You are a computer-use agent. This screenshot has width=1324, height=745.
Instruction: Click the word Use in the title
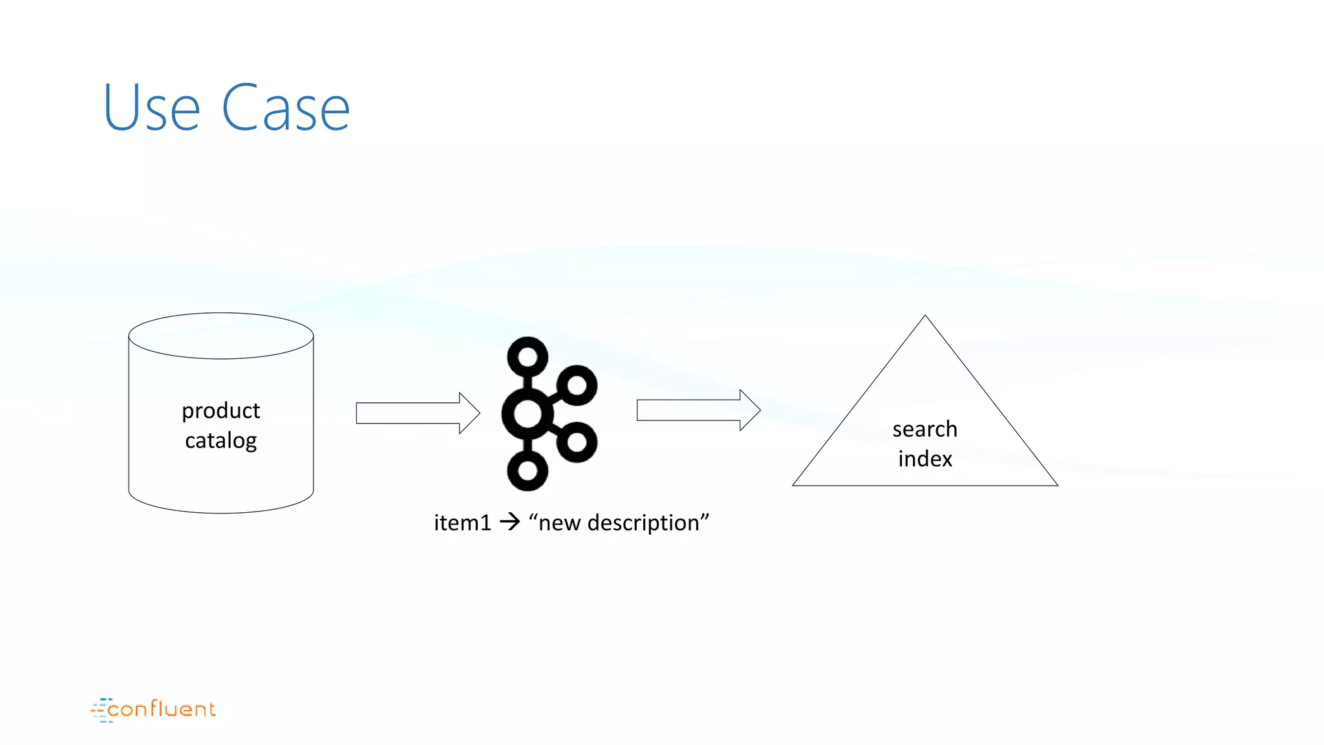pos(152,108)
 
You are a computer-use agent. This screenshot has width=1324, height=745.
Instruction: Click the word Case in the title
pos(286,108)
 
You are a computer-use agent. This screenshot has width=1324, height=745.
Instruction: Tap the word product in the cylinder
pos(220,411)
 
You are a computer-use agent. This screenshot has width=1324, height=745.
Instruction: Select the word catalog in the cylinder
pos(220,441)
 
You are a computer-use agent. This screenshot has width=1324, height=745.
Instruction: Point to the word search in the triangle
pos(924,429)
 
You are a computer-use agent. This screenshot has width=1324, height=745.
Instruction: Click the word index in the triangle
pos(924,459)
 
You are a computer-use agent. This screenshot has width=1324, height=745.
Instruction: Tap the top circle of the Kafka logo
pos(528,356)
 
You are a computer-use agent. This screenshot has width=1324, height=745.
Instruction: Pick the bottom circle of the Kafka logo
pos(528,470)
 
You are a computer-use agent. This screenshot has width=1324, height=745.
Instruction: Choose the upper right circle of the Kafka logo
pos(576,386)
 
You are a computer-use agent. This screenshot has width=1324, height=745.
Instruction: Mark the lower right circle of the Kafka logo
pos(576,442)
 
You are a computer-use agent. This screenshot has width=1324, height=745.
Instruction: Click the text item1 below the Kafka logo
pos(462,523)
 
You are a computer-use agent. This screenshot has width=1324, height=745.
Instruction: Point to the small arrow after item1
pos(510,521)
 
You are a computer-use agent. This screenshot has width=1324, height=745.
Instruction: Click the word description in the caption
pos(643,523)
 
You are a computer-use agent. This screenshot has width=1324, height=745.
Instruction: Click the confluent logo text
pos(161,709)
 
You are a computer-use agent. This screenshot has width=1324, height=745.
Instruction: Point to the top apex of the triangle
pos(925,317)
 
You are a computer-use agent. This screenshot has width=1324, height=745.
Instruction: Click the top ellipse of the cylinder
pos(221,336)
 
